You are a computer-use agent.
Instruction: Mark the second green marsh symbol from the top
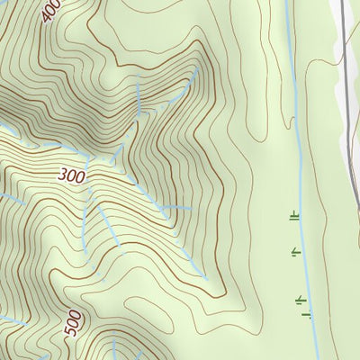295,254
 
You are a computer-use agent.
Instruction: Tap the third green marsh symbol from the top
301,299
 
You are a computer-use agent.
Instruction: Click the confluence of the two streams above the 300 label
139,113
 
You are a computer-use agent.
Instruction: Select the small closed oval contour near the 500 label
100,310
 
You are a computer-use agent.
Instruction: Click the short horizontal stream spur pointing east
180,208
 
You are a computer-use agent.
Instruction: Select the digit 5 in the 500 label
72,333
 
